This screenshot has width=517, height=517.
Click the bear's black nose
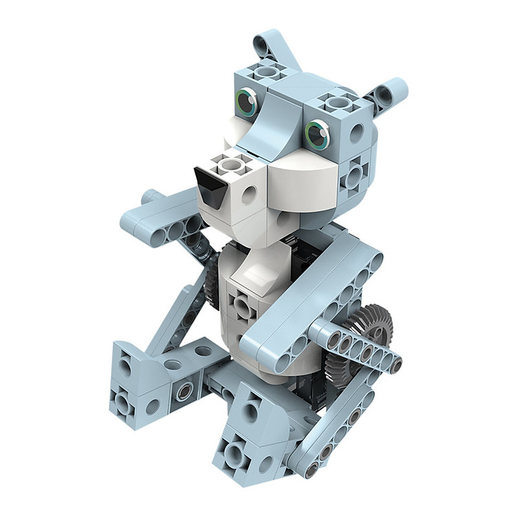coord(209,186)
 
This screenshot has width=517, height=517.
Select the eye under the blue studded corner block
coord(317,133)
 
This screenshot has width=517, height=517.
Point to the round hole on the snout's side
coord(249,196)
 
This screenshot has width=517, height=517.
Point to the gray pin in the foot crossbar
coord(184,392)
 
